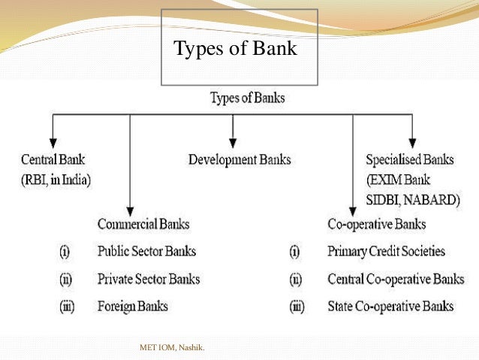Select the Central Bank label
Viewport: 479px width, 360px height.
(53, 159)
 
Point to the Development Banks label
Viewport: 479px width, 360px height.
(239, 159)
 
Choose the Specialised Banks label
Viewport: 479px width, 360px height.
(411, 159)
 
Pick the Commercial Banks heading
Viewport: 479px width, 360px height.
(143, 224)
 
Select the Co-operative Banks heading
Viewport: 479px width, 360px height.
(377, 224)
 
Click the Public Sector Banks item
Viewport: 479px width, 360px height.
(146, 251)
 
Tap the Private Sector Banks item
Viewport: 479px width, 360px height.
(149, 279)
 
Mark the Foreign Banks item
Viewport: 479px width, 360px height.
(133, 306)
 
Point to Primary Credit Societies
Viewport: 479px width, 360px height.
(387, 251)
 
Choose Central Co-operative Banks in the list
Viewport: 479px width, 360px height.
(396, 279)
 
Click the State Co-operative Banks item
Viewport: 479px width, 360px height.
(390, 306)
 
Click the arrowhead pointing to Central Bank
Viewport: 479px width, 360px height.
(53, 141)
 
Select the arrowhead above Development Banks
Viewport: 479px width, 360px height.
(233, 141)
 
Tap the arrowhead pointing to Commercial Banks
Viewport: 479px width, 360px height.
(130, 210)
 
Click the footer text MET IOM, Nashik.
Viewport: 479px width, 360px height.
(172, 347)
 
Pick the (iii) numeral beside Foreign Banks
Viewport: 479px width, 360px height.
(66, 306)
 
